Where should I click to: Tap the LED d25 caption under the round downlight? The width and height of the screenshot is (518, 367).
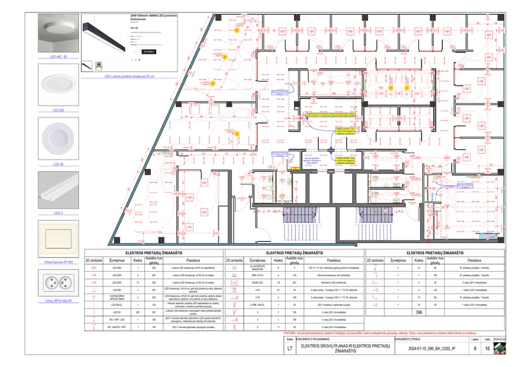[58, 110]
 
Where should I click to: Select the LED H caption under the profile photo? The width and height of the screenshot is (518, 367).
[58, 213]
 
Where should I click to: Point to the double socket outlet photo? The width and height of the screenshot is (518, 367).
[58, 283]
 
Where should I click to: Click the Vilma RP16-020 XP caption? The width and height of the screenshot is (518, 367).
[58, 302]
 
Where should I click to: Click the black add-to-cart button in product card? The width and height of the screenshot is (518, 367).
[149, 50]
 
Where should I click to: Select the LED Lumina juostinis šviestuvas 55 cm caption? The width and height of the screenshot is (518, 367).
[129, 76]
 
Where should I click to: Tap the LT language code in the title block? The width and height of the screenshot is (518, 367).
[289, 348]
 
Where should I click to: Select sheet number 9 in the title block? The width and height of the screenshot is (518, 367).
[475, 348]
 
